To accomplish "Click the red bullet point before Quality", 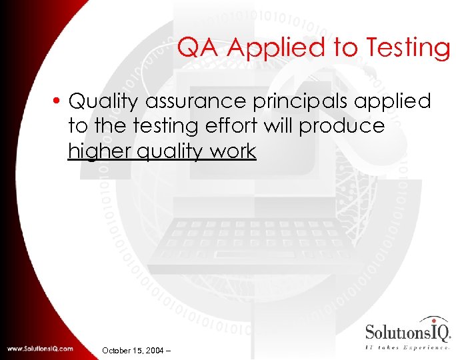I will coord(58,102).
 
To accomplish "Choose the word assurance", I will coord(187,102).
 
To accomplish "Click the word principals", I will coord(287,102).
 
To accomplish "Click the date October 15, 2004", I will coord(133,349).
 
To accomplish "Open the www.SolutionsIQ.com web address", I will coord(41,349).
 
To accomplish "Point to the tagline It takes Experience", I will coord(407,347).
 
